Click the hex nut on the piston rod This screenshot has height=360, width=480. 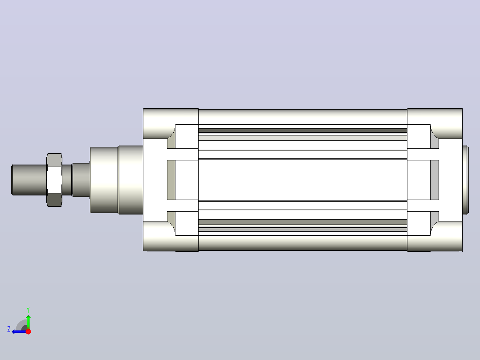[x=54, y=180]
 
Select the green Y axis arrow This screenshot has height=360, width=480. [x=28, y=320]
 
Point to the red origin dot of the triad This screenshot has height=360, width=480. [x=28, y=331]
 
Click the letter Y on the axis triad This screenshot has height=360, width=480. [x=28, y=310]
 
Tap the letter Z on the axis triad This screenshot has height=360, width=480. [x=9, y=329]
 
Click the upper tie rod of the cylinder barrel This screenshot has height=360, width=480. [x=303, y=117]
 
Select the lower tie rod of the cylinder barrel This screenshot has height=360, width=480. [x=303, y=243]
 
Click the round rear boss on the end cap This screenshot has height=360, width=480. [x=466, y=180]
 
